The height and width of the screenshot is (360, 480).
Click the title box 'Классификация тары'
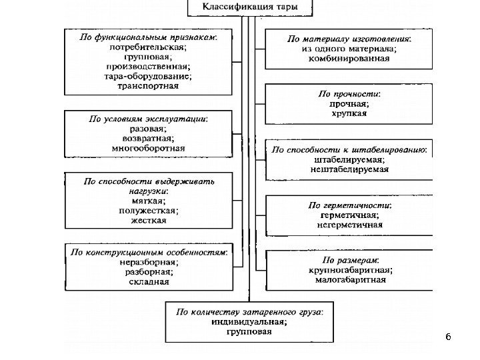251,9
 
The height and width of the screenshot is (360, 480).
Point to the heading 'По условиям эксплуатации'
148,119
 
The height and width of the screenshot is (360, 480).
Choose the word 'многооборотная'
149,147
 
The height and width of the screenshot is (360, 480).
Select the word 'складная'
149,281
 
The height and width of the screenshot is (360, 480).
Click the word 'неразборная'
148,262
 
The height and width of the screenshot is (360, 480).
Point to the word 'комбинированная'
349,58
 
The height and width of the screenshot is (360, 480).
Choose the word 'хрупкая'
349,114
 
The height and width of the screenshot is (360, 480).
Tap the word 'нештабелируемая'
349,169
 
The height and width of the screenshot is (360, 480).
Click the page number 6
448,338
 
